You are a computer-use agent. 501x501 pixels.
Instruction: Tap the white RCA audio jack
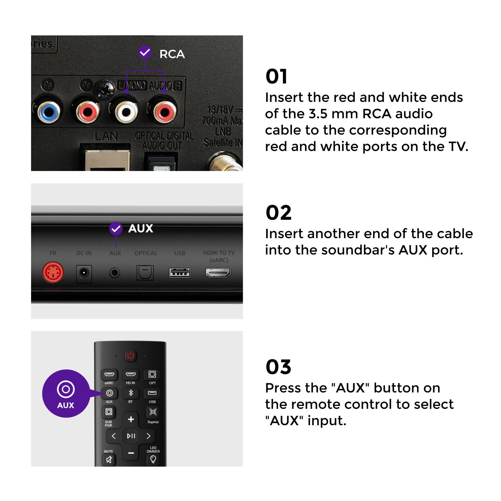(126, 112)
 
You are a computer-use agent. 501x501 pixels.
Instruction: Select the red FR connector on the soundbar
(53, 273)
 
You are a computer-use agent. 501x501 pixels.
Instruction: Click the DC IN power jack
(84, 273)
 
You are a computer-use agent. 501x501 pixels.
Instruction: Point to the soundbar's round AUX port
(115, 273)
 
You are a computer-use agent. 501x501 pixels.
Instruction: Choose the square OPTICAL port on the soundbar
(145, 273)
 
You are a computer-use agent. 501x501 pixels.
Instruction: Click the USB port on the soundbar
(180, 273)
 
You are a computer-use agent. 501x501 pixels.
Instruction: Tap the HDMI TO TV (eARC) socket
(218, 273)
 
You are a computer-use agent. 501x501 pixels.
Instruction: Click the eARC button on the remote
(109, 374)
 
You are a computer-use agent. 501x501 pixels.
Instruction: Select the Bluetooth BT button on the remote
(131, 393)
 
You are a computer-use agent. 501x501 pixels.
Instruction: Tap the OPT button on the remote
(152, 374)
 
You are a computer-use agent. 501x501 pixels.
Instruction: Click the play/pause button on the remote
(131, 436)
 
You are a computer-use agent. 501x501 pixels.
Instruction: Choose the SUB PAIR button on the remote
(109, 412)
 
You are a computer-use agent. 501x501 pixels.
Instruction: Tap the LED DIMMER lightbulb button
(153, 459)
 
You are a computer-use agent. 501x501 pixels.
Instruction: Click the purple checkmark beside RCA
(145, 52)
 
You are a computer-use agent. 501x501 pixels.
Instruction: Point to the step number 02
(279, 213)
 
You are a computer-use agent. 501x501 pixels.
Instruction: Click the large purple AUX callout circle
(66, 393)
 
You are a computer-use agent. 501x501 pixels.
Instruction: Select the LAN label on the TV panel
(106, 136)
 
